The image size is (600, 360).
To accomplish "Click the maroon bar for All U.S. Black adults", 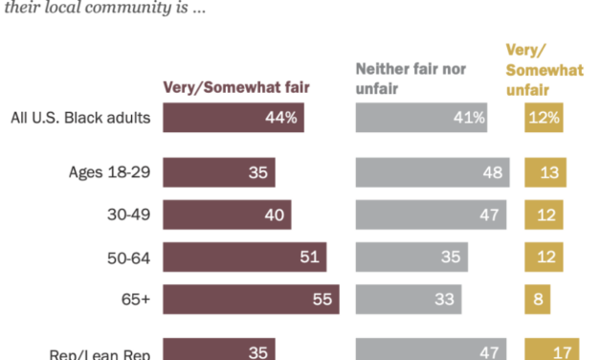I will (233, 118).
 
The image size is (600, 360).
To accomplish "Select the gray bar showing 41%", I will (421, 118).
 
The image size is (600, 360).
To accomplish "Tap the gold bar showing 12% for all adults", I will (544, 118).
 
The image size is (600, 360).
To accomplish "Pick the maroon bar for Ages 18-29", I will (219, 173).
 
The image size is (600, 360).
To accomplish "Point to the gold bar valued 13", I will (545, 173).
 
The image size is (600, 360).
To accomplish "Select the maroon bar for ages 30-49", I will (227, 215).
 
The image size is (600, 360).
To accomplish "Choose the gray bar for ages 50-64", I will (412, 257).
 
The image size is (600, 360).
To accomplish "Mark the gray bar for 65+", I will (409, 299).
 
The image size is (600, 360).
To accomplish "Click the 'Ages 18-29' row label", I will (108, 173).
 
